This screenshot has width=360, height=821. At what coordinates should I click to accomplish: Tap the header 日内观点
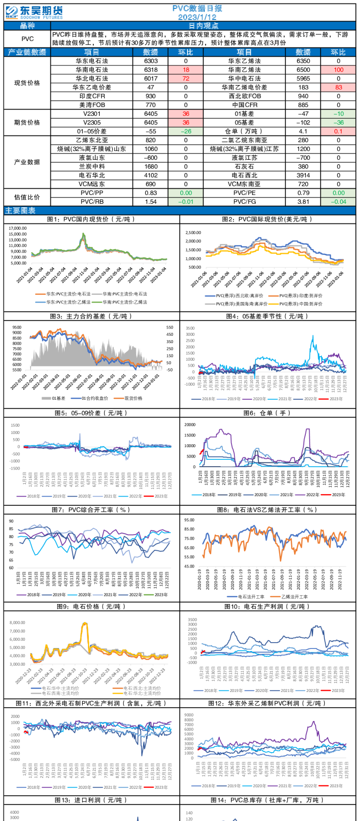coord(203,25)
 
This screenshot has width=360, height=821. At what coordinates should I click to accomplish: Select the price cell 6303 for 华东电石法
coord(151,61)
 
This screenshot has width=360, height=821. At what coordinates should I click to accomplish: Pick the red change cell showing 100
coord(339,70)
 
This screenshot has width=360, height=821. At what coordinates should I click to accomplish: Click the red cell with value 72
coord(186,79)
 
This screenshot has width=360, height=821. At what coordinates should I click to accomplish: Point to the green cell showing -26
coord(186,131)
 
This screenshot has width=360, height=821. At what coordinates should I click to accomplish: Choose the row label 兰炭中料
coord(92,167)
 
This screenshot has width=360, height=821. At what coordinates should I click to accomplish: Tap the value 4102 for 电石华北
coord(151,175)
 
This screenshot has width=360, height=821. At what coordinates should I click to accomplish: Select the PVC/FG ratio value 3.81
coord(303,202)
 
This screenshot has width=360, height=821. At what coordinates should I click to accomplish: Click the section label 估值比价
coord(27,197)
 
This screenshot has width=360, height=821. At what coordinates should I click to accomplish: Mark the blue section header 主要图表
coord(20,211)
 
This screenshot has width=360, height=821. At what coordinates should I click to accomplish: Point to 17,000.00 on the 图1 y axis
coord(18,228)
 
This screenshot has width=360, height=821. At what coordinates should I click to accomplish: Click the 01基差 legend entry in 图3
coord(58,398)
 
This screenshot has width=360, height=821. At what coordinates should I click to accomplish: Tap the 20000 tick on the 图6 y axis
coord(190,425)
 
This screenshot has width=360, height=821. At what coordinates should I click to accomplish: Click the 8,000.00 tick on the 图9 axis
coord(17,623)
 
